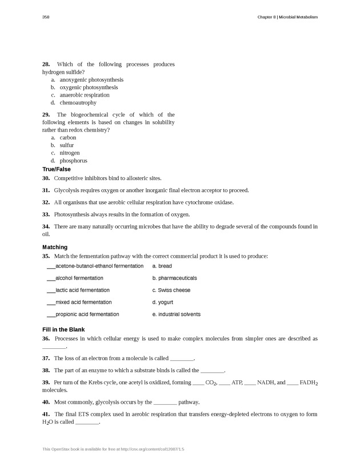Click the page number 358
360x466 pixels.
point(46,17)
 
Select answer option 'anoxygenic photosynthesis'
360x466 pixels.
point(91,80)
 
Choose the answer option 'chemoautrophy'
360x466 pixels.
point(78,103)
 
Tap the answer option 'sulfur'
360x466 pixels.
point(67,145)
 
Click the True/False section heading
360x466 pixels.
point(57,169)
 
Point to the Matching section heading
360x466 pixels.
point(55,247)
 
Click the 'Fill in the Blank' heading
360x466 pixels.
point(63,330)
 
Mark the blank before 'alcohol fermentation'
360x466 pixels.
point(51,278)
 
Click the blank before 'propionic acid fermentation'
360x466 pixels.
point(51,314)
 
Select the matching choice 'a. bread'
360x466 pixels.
point(162,266)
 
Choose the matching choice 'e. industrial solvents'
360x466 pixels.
point(176,314)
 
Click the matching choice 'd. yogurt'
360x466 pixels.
point(162,302)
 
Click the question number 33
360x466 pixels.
point(46,214)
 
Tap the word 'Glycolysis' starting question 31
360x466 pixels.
point(67,190)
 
